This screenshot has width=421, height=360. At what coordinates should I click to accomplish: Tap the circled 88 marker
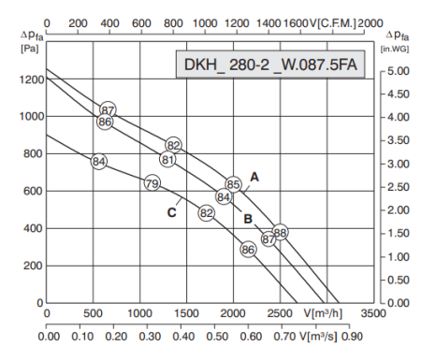point(280,233)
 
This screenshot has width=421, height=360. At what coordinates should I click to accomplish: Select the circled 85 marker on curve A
point(234,184)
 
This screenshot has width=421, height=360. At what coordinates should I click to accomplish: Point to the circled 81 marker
point(167,160)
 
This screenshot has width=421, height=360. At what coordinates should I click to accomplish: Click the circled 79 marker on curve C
point(152,183)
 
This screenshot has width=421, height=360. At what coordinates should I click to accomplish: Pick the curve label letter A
point(253,176)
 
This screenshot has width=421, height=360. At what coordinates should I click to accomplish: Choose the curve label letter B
point(248,220)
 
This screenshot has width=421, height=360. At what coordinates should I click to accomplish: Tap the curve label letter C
point(172,212)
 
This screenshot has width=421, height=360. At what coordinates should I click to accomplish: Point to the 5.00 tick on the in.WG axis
point(398,70)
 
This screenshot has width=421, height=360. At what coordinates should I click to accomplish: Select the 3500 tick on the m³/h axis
point(372,313)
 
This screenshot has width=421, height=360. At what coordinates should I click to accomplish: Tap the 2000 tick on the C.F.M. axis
point(370,20)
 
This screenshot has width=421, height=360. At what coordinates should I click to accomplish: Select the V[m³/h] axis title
point(322,313)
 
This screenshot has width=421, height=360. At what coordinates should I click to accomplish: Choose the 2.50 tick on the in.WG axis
point(398,186)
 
